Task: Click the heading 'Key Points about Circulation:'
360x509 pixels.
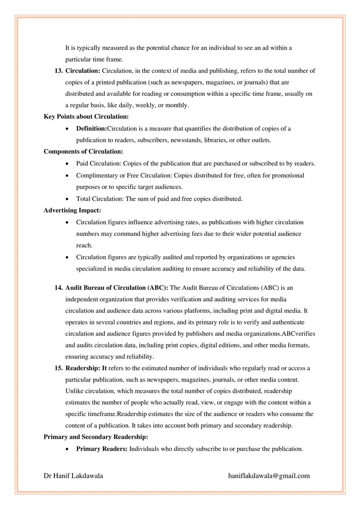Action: (80, 117)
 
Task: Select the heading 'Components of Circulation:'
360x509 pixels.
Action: (83, 152)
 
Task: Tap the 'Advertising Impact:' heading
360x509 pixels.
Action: (72, 210)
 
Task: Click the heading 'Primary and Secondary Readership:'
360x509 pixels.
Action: (95, 437)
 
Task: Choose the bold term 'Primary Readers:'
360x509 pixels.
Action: (102, 449)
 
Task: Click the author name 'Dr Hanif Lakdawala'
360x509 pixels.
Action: (73, 476)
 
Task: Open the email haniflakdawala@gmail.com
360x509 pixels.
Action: (269, 476)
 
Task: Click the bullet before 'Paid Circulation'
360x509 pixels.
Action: (67, 163)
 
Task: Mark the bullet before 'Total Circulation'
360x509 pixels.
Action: (67, 198)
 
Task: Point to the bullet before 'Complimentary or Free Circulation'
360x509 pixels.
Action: (67, 175)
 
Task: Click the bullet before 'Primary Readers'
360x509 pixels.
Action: (67, 449)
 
